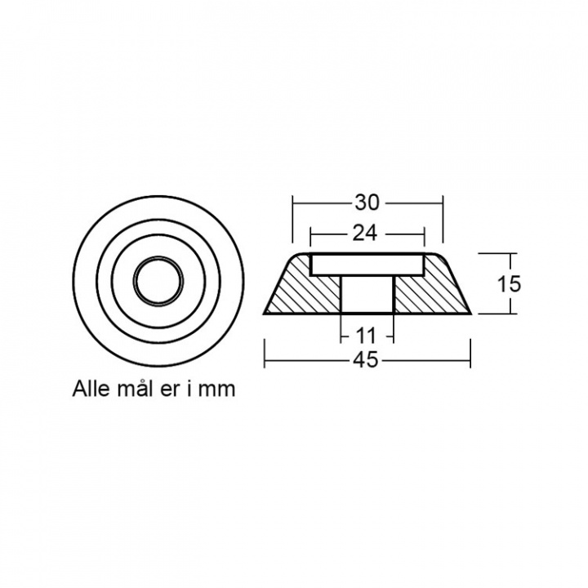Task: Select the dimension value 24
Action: click(367, 234)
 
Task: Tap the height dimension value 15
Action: click(508, 284)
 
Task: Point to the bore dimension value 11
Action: click(367, 335)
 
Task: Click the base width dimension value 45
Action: click(367, 360)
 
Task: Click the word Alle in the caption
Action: click(93, 388)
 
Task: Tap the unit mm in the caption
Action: click(218, 388)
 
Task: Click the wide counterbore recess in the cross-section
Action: click(367, 264)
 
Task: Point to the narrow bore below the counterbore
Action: click(367, 294)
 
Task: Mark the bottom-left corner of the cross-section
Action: click(264, 314)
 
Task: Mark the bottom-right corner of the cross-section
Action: click(470, 314)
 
